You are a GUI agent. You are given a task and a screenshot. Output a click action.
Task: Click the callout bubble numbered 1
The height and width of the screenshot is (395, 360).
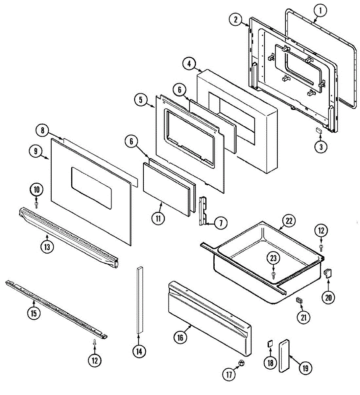[320, 11]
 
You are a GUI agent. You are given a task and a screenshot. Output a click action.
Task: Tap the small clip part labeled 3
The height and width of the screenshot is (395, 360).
[319, 130]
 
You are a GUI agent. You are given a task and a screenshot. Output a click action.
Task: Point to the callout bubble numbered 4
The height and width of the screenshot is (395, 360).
[189, 64]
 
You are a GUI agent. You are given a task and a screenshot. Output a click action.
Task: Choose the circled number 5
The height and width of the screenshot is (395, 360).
[141, 100]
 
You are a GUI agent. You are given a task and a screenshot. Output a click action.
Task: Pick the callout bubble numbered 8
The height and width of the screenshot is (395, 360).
[42, 130]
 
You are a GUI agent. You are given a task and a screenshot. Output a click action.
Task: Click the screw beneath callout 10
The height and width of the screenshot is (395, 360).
[36, 205]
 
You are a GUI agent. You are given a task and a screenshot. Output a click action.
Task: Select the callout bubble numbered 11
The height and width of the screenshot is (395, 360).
[158, 219]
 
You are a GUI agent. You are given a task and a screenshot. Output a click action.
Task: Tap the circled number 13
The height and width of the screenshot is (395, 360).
[47, 247]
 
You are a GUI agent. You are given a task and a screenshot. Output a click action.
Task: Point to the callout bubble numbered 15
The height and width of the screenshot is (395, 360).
[34, 313]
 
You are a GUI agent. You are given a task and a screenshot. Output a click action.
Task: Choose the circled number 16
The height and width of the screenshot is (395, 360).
[180, 337]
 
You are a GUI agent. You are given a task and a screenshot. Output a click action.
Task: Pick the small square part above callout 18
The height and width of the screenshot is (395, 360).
[269, 344]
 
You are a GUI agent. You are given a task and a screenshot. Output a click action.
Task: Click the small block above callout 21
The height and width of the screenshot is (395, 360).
[299, 300]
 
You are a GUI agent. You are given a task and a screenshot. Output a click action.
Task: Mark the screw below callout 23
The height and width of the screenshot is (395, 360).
[274, 274]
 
